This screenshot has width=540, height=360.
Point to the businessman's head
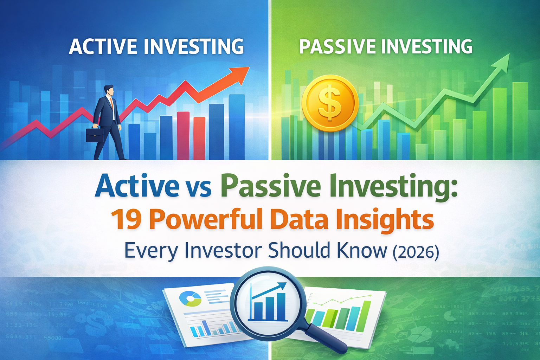(x=109, y=90)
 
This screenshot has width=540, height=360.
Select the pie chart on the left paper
(x=190, y=299)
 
